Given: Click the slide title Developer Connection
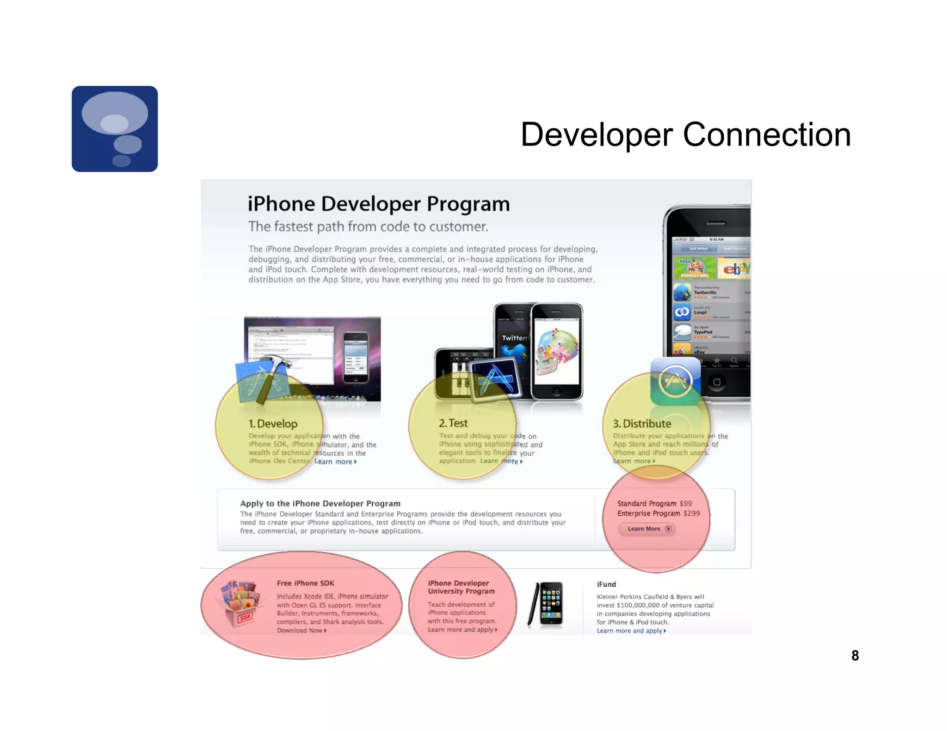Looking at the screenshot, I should (685, 135).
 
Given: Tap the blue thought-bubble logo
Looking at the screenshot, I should (115, 129).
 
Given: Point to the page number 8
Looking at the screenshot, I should (855, 655).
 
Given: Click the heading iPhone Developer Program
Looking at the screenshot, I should (378, 204).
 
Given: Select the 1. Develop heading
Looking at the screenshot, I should (273, 424).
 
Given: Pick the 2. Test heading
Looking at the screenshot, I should (453, 423).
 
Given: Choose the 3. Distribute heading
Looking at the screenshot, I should (642, 424).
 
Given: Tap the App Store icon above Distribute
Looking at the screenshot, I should (675, 381).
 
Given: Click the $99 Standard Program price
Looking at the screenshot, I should (686, 503).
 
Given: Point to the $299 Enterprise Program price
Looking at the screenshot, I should (691, 513).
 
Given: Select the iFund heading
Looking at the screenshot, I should (606, 585).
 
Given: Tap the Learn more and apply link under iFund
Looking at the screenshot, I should (631, 631).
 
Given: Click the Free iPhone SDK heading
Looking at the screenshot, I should (305, 583).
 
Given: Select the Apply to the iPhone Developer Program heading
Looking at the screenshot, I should (320, 504).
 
